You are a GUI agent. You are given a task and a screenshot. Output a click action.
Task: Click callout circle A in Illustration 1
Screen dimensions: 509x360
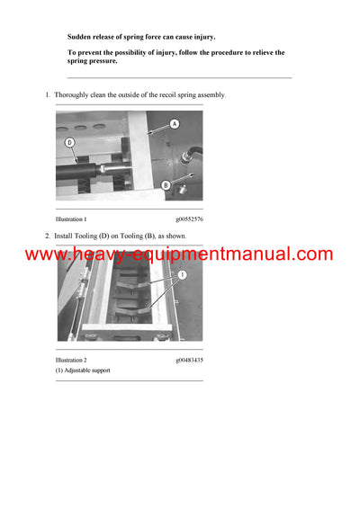pos(174,123)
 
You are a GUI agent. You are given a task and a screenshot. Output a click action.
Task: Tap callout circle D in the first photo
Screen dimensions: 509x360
pos(70,141)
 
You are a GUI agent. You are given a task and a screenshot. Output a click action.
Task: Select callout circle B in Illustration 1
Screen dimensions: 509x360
pos(166,185)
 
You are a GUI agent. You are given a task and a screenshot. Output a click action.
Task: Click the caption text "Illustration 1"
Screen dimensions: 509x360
pos(71,219)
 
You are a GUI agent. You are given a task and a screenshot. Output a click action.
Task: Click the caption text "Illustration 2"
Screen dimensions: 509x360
pos(71,360)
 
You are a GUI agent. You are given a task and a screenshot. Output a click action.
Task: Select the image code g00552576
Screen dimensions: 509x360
pos(189,219)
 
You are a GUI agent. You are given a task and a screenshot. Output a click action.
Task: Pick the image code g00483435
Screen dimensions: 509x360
pos(189,360)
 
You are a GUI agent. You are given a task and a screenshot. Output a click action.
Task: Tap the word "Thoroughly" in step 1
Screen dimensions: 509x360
pos(72,94)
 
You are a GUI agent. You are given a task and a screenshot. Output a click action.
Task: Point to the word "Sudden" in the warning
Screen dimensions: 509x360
pos(80,36)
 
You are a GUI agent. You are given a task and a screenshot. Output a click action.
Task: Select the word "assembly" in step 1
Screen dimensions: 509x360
pos(211,94)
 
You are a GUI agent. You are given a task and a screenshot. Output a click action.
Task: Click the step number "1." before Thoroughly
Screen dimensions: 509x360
pos(48,94)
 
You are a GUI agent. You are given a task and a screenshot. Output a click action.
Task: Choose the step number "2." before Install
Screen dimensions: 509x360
pos(48,236)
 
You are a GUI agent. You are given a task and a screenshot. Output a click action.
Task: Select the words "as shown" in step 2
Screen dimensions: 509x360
pos(172,236)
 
